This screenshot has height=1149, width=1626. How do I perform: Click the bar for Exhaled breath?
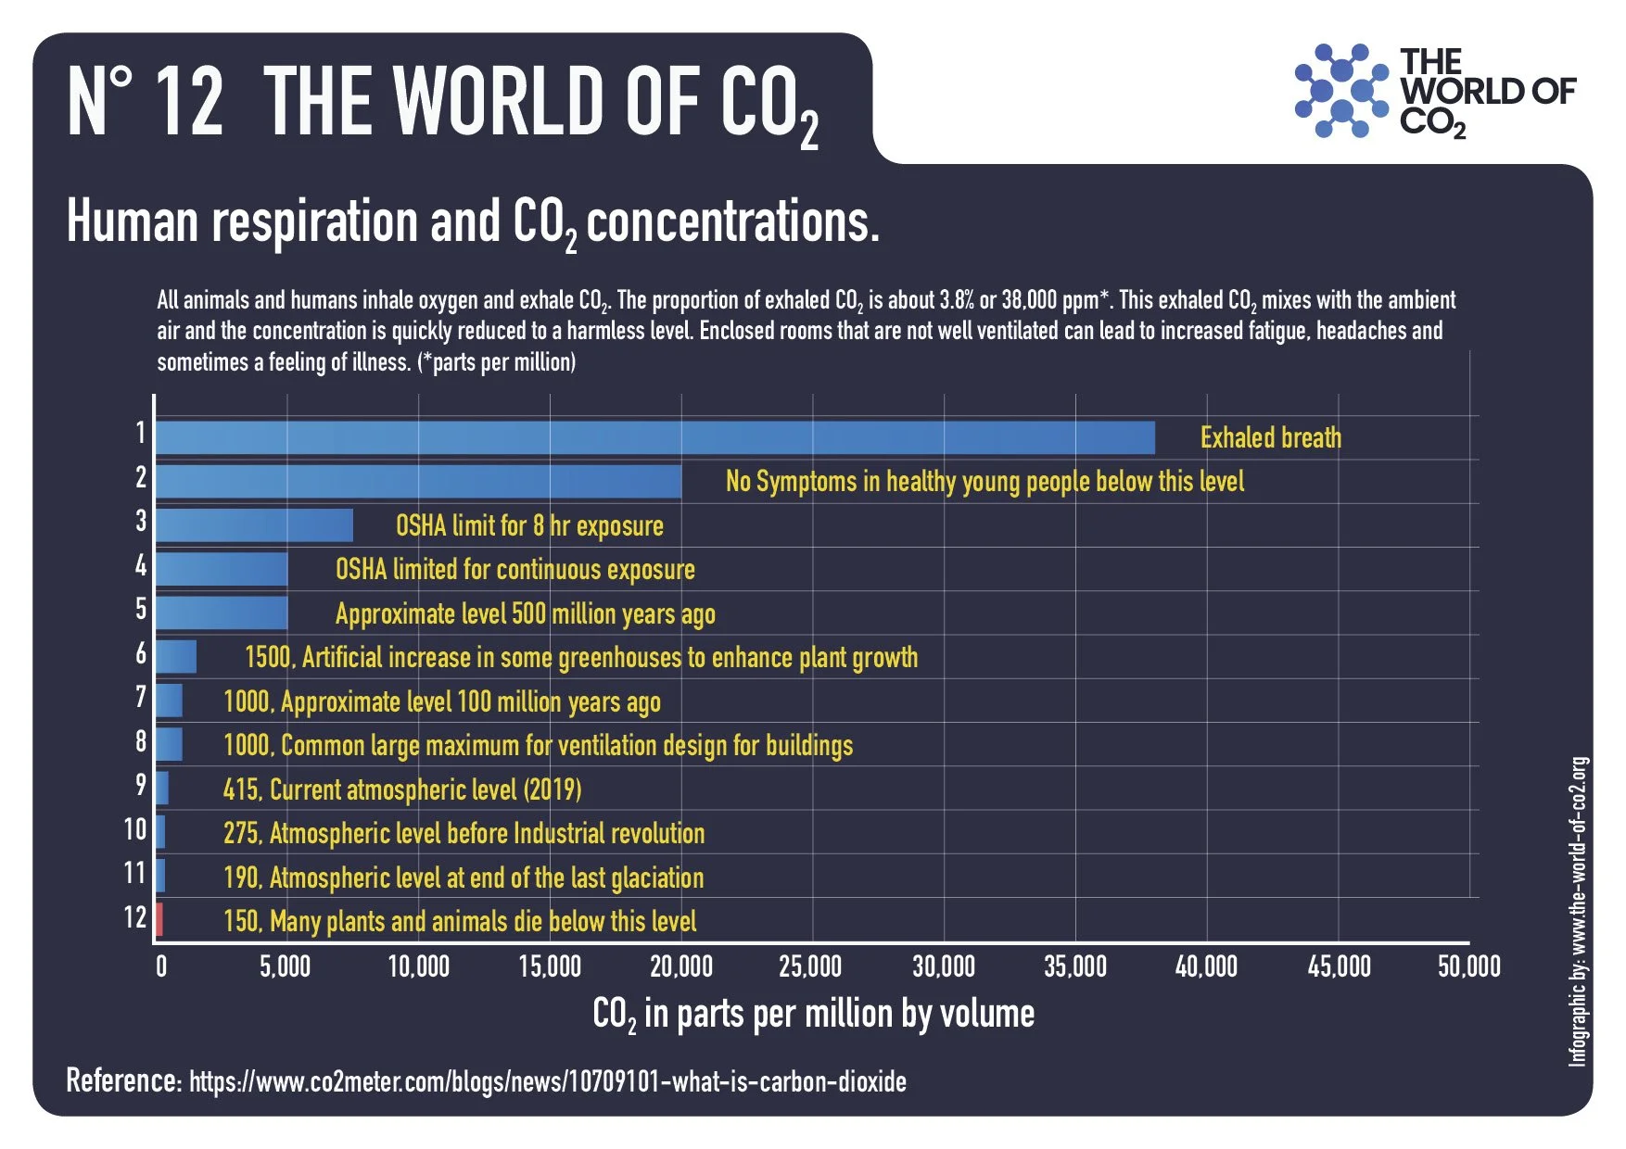[654, 437]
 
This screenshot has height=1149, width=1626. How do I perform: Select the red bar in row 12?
[159, 920]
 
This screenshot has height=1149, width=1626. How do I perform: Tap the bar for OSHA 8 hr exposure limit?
[254, 525]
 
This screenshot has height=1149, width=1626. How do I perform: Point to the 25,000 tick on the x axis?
[811, 966]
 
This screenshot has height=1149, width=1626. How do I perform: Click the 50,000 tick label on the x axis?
[1468, 966]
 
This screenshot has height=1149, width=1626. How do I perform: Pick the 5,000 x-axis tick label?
[286, 966]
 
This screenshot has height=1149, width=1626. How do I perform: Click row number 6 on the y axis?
[141, 653]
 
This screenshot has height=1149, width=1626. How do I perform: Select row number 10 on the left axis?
[135, 828]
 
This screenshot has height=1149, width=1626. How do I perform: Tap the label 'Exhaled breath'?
[1270, 437]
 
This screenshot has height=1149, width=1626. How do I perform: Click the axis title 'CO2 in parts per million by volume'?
[813, 1014]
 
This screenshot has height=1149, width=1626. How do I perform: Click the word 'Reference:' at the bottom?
[123, 1080]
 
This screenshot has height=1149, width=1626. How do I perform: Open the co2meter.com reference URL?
[547, 1081]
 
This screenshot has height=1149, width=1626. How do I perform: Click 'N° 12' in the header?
[146, 102]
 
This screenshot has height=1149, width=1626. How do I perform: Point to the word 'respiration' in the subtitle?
[315, 222]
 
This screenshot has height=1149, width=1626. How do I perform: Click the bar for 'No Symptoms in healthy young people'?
[418, 482]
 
